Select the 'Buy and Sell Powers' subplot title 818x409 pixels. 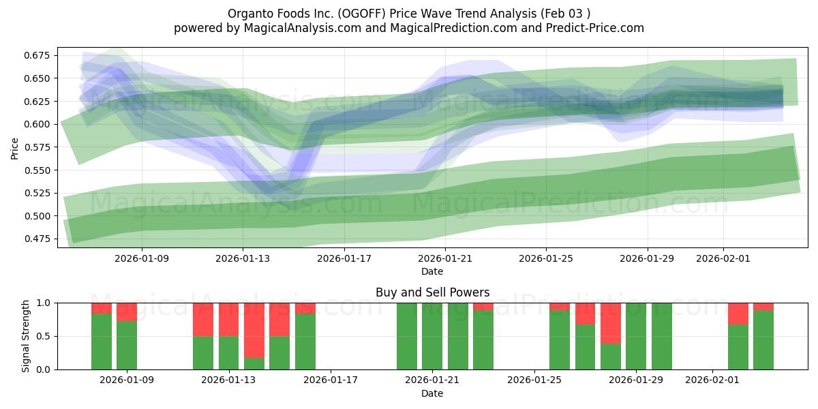coord(432,292)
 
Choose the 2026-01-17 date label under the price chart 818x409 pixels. coord(344,259)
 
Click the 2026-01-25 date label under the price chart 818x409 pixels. coord(546,259)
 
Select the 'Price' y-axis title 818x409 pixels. coord(15,147)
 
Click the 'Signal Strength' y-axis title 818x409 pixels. coord(26,336)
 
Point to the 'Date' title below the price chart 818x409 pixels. coord(432,271)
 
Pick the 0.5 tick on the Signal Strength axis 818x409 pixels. coord(44,336)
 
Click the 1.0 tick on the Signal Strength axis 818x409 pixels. coord(44,303)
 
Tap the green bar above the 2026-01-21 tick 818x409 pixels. coord(432,336)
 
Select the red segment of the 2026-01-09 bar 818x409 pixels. coord(127,312)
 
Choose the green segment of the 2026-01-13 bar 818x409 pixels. coord(228,352)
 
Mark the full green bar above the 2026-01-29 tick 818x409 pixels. coord(636,336)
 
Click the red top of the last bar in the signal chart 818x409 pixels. coord(763,306)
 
